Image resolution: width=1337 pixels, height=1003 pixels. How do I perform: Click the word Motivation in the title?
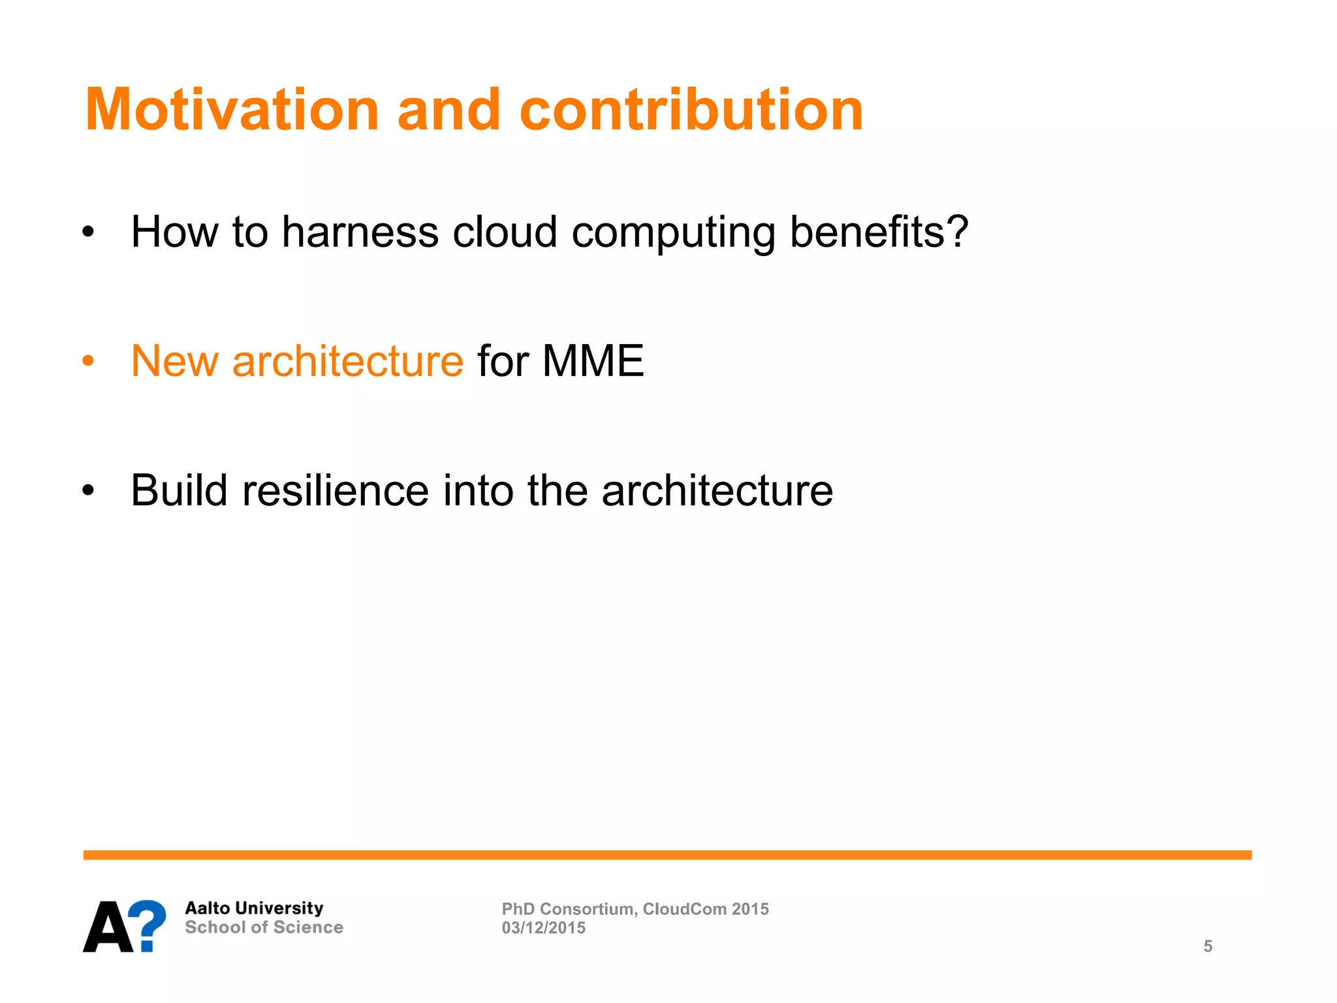click(232, 110)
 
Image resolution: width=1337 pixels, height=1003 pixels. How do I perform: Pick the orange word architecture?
click(347, 361)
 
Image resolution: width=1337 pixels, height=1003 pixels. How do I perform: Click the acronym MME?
click(593, 361)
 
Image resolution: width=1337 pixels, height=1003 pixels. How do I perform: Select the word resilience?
click(335, 490)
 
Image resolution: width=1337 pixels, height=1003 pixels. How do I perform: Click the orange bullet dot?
click(89, 361)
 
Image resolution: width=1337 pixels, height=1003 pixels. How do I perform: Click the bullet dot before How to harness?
click(89, 232)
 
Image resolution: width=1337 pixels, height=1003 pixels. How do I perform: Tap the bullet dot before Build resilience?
click(89, 491)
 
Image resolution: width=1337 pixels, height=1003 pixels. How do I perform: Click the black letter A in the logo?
click(108, 927)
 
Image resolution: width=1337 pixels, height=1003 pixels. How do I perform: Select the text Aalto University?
click(254, 908)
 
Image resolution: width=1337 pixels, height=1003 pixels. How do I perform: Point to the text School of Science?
click(264, 927)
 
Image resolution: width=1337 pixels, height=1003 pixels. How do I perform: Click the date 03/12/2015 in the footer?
click(543, 928)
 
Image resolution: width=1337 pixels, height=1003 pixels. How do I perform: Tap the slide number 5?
click(1208, 946)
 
